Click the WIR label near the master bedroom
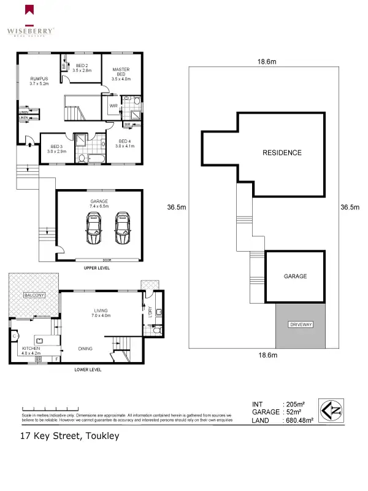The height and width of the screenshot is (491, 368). (x=113, y=106)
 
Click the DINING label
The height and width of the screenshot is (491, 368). (x=85, y=349)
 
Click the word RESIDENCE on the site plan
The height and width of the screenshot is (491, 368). (x=282, y=152)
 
